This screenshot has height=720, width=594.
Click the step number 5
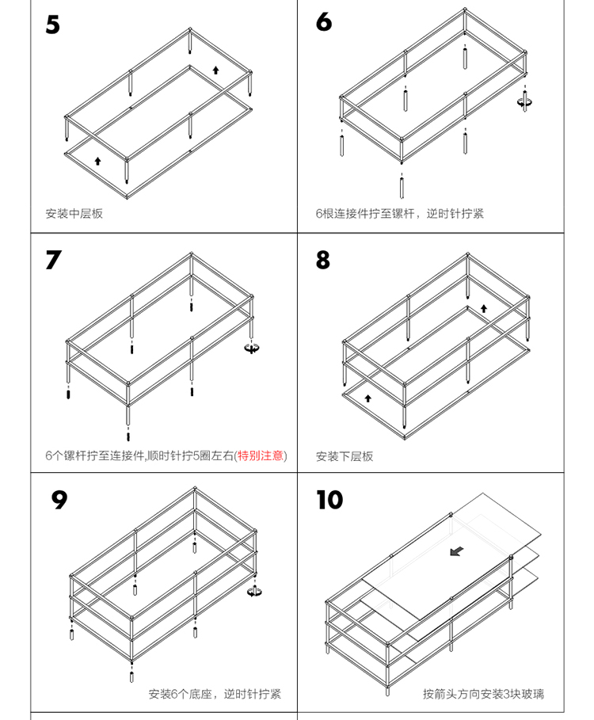coord(52,25)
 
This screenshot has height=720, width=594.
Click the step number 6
coord(323,22)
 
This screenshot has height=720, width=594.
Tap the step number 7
coord(53,260)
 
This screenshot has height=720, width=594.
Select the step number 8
coord(323,260)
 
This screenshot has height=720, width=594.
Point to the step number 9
coord(59,500)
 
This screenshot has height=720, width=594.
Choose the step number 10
coord(329,500)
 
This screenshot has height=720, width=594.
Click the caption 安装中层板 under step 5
coord(74,214)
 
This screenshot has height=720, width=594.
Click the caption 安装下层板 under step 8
coord(345,456)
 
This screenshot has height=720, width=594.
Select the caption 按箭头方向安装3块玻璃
coord(483,695)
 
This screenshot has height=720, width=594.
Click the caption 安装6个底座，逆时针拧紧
coord(215,695)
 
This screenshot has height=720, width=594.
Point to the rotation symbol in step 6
coord(524,101)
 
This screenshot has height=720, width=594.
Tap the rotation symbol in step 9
coord(254,590)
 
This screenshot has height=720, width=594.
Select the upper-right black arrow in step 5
coord(215,70)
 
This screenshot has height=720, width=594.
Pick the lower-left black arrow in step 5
coord(97,161)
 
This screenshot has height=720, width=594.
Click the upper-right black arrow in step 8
coord(484,308)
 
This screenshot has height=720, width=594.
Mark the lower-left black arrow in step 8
coord(367,398)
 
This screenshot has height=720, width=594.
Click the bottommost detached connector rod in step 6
coord(402,187)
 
